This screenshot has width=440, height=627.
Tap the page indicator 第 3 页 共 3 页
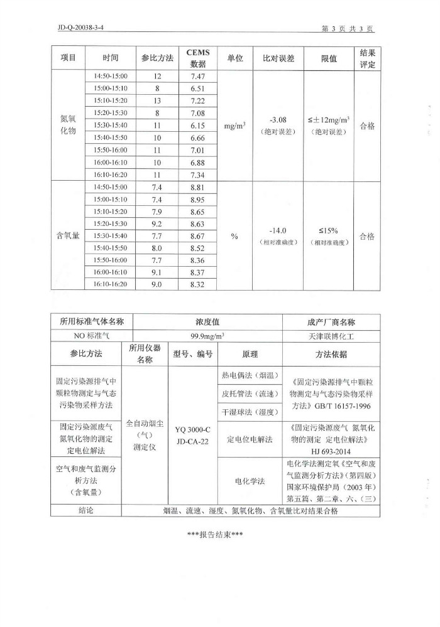click(347, 28)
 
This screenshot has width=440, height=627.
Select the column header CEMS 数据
click(198, 58)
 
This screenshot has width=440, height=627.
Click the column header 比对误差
click(278, 58)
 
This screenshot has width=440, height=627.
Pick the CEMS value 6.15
click(198, 126)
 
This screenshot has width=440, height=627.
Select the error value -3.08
click(278, 120)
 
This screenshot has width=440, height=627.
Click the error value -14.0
click(278, 230)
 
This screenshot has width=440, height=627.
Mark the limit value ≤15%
click(328, 230)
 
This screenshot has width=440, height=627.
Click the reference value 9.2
click(157, 223)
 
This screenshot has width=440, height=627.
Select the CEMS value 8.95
click(198, 199)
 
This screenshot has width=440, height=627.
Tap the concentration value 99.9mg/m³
click(208, 336)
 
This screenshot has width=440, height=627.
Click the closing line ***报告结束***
click(215, 535)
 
